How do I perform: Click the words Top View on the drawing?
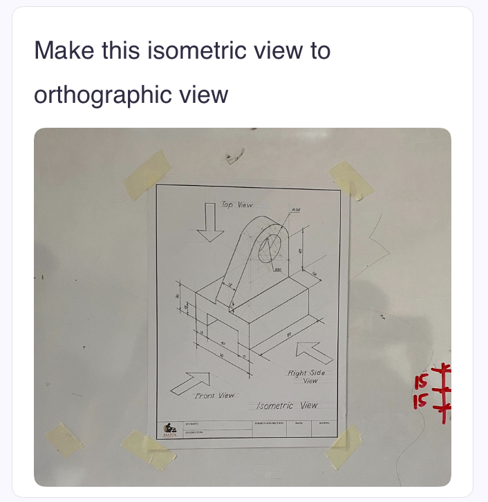click(x=237, y=205)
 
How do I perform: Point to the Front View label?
click(x=215, y=396)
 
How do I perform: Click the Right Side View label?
click(x=306, y=377)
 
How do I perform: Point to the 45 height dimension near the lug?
click(x=301, y=251)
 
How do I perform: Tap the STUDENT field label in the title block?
click(x=192, y=423)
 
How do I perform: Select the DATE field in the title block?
click(x=299, y=423)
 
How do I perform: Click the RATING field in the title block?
click(x=326, y=423)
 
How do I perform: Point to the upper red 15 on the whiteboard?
click(x=422, y=382)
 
